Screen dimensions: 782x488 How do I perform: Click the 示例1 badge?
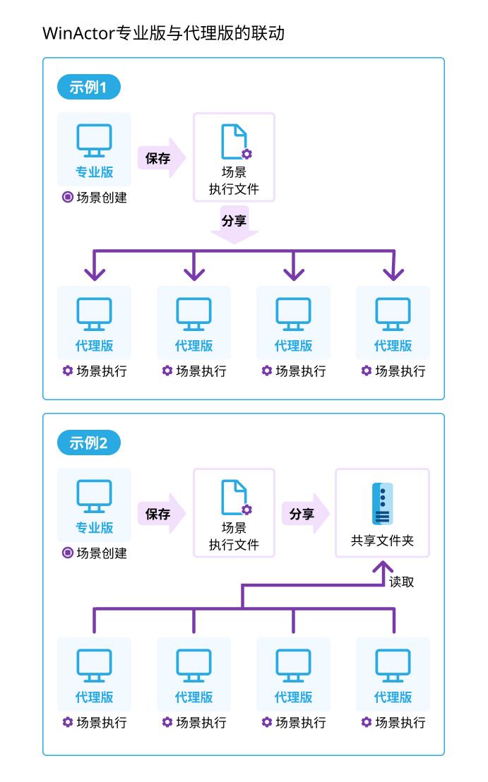[x=89, y=88]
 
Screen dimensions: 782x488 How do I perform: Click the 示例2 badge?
[x=89, y=443]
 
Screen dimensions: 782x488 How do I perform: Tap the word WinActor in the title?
[x=78, y=33]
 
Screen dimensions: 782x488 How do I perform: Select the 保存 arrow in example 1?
[x=161, y=158]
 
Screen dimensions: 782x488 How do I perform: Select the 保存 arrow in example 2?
[x=161, y=514]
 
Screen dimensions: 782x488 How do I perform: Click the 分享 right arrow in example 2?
[x=304, y=514]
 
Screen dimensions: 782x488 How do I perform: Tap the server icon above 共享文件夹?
[x=382, y=503]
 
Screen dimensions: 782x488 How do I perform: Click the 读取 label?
[x=402, y=582]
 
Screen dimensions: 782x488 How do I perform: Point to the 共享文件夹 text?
[x=382, y=541]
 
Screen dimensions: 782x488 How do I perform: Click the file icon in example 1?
[x=234, y=142]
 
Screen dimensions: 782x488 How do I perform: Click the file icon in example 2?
[x=234, y=498]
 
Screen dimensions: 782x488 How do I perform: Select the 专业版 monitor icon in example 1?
[x=94, y=141]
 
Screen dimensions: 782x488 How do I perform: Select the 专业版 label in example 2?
[x=94, y=528]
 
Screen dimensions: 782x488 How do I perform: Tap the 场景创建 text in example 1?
[x=101, y=198]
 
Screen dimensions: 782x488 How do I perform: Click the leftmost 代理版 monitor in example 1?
[x=94, y=314]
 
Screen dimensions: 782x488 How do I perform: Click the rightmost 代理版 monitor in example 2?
[x=393, y=666]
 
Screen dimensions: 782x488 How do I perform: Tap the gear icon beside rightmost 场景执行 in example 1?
[x=366, y=371]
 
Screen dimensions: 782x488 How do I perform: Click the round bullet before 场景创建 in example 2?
[x=67, y=553]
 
